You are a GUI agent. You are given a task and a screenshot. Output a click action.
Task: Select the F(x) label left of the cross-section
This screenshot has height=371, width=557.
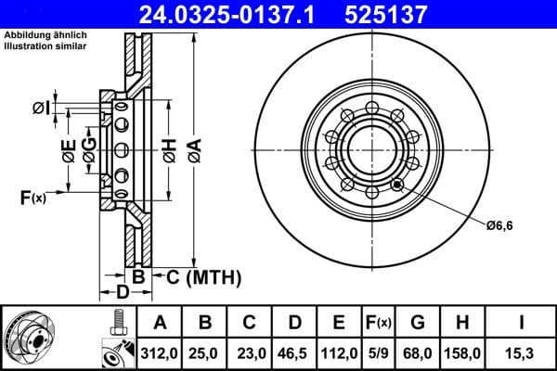[32, 197]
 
